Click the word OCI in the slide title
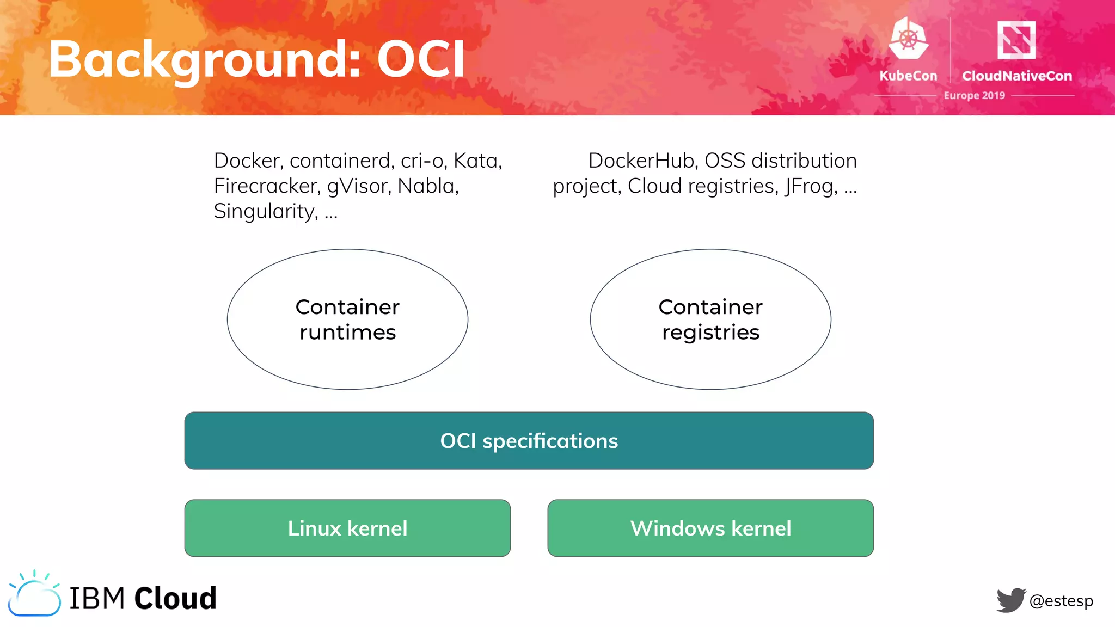tap(421, 59)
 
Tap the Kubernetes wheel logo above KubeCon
tap(908, 39)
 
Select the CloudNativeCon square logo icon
tap(1016, 39)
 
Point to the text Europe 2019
tap(974, 95)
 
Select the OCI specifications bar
tap(529, 441)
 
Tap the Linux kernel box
tap(347, 528)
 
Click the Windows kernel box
tap(710, 528)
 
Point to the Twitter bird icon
tap(1011, 600)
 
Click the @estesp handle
tap(1061, 601)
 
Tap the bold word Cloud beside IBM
tap(175, 598)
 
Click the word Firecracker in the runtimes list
tap(267, 186)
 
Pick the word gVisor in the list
tap(359, 186)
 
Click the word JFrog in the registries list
tap(811, 186)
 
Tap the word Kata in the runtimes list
tap(477, 161)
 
